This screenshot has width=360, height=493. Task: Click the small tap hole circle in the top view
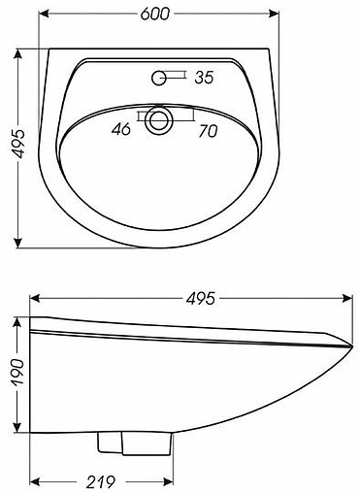[x=158, y=75]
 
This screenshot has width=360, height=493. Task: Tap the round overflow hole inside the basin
[x=158, y=119]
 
